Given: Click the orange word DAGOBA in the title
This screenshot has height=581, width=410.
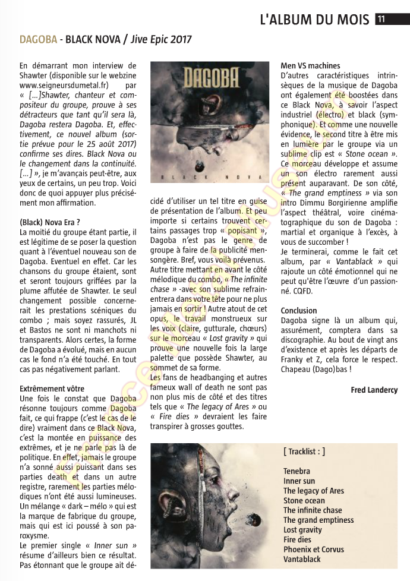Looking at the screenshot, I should pyautogui.click(x=38, y=40).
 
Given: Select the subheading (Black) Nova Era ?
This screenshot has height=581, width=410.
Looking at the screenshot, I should pyautogui.click(x=49, y=222).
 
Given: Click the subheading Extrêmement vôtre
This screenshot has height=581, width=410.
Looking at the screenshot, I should pyautogui.click(x=52, y=389).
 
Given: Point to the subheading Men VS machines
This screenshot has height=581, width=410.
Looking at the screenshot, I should pyautogui.click(x=310, y=66).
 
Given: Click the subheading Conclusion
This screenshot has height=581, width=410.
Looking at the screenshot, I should pyautogui.click(x=299, y=311).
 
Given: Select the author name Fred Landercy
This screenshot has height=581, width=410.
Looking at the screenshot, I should pyautogui.click(x=374, y=390).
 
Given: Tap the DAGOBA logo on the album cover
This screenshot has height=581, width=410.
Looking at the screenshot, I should pyautogui.click(x=210, y=77).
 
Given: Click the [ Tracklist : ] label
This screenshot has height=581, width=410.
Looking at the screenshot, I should pyautogui.click(x=304, y=451).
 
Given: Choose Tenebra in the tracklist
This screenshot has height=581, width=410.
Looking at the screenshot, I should pyautogui.click(x=297, y=471).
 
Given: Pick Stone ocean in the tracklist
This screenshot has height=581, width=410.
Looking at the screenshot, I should pyautogui.click(x=304, y=500).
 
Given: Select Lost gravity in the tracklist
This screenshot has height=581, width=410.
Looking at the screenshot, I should pyautogui.click(x=303, y=529).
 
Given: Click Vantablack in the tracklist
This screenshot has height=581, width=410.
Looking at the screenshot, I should pyautogui.click(x=302, y=559).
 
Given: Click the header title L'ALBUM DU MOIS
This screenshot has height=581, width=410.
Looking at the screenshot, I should pyautogui.click(x=314, y=19).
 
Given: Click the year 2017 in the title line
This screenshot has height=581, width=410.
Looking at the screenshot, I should pyautogui.click(x=181, y=40).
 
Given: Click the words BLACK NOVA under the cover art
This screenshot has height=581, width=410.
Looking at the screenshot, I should pyautogui.click(x=210, y=177).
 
